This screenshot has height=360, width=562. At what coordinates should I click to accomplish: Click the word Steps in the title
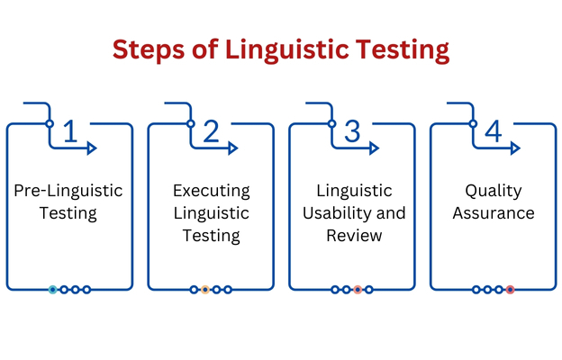(149, 49)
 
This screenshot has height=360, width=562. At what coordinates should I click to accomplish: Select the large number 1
(70, 131)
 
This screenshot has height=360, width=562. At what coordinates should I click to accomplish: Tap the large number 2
(211, 131)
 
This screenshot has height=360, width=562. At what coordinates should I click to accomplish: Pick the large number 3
(352, 131)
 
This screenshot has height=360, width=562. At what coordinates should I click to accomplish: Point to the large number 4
(494, 131)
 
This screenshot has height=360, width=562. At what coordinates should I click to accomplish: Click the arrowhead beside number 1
(92, 148)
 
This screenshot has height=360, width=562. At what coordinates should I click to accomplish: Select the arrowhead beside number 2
(233, 148)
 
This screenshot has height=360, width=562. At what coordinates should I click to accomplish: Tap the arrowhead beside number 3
(375, 148)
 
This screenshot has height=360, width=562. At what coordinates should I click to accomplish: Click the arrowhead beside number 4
(516, 148)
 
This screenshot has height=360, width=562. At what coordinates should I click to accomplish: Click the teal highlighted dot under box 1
(52, 290)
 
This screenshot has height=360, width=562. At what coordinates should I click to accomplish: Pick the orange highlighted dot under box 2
(205, 290)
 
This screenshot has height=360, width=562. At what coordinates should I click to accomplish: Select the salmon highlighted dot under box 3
(358, 290)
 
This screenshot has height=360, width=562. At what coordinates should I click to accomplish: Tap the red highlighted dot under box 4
(510, 290)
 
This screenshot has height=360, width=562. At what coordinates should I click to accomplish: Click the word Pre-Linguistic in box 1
(68, 191)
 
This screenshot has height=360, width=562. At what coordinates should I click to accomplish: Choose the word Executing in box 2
(212, 191)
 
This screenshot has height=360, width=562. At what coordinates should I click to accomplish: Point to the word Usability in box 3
(331, 213)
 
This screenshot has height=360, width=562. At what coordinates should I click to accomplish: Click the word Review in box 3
(354, 235)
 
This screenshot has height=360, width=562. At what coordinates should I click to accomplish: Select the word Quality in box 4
(494, 191)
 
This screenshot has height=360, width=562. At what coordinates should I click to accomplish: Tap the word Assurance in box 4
(494, 213)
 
